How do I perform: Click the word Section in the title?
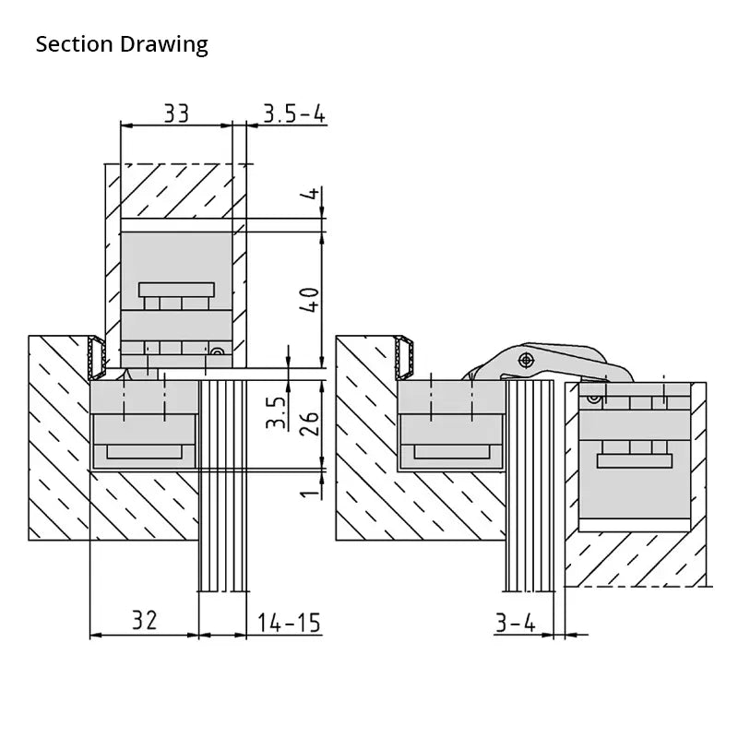(75, 44)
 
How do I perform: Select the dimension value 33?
(176, 113)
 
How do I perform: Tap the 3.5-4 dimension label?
(294, 113)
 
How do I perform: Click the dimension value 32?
(143, 621)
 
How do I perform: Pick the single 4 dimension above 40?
(311, 195)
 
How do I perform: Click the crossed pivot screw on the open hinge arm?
(527, 360)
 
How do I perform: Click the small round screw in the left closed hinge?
(218, 351)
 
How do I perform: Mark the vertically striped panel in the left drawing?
(223, 484)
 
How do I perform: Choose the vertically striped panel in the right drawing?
(530, 484)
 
